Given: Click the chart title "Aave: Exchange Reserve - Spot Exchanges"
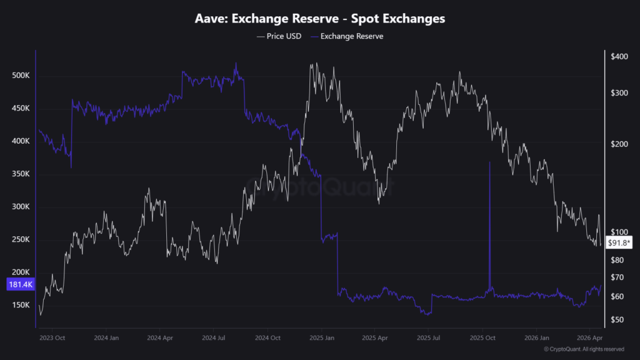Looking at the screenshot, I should tap(320, 19).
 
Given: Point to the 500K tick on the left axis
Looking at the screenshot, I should tap(21, 76).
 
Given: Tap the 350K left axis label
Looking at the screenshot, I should tap(21, 174).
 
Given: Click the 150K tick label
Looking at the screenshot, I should tap(21, 306).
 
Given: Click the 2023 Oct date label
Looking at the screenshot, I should tap(52, 338).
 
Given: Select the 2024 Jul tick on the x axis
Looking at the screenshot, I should tap(212, 338).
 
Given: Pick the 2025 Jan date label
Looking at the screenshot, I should tap(321, 338).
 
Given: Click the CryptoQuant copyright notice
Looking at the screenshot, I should tap(584, 349).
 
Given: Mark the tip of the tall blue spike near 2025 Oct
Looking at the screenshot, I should tap(489, 162).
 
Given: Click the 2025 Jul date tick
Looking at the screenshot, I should tap(429, 338).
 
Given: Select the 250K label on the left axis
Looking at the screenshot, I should tap(21, 240).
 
